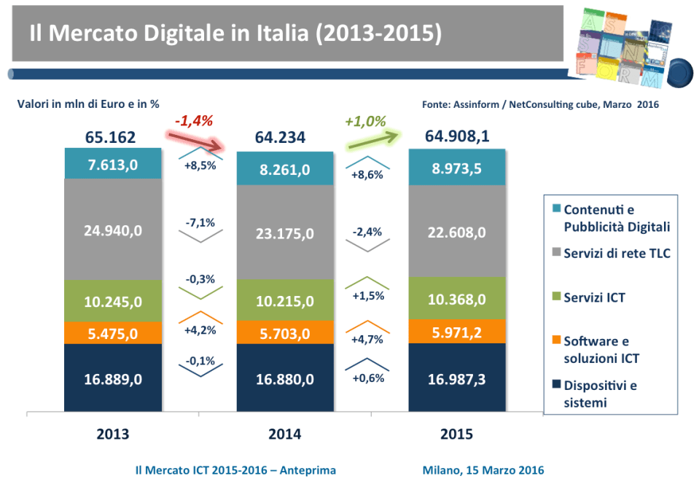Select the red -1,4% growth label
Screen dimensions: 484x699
pos(194,121)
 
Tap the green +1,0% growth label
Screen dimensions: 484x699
pos(365,121)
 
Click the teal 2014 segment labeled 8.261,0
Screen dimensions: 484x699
pos(285,169)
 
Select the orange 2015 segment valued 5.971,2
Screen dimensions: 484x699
pos(457,331)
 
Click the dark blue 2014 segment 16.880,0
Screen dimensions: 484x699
pos(285,379)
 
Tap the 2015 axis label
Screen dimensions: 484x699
pos(457,434)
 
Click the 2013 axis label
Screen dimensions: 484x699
pos(112,434)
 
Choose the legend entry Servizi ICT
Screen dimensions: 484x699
pos(594,297)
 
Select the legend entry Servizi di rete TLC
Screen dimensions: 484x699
pos(617,253)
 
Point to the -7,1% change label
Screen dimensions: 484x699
pos(200,223)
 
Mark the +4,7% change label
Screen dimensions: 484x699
pos(368,339)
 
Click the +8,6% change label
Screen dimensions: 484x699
pos(368,175)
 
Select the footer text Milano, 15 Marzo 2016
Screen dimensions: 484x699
pos(483,470)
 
